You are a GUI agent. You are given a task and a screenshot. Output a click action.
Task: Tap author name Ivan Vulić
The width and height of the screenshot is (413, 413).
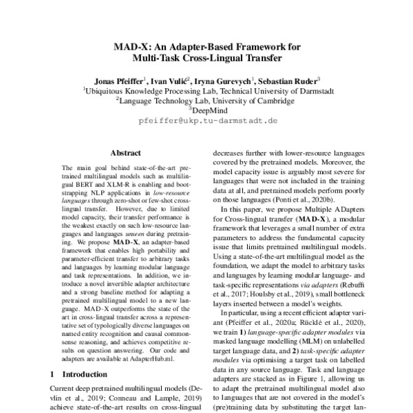tap(171, 80)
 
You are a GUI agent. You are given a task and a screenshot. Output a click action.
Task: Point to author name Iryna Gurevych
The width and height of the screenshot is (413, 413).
tap(224, 80)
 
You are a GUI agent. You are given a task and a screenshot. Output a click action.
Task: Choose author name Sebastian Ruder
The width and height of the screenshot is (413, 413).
tap(288, 80)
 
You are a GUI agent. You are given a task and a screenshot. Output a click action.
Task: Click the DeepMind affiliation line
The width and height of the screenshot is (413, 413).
tap(207, 109)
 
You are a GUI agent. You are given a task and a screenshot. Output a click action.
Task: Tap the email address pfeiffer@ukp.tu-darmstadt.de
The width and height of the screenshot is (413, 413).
tap(207, 120)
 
